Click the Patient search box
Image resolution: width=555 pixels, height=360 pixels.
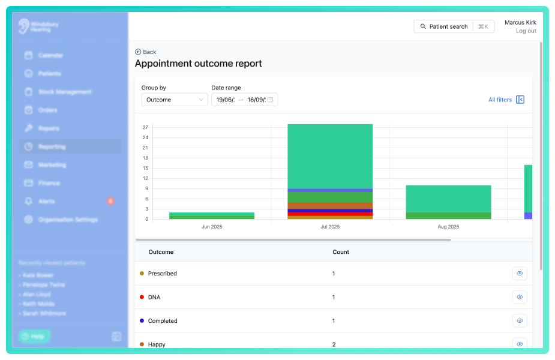454,26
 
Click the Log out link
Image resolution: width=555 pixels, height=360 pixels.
526,31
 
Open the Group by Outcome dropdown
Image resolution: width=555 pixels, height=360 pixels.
175,100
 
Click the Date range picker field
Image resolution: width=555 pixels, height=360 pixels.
244,100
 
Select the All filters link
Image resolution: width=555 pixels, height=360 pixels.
500,100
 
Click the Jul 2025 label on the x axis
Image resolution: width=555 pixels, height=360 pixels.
330,227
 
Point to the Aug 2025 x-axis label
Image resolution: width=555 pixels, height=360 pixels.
448,227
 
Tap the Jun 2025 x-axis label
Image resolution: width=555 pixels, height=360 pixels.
212,227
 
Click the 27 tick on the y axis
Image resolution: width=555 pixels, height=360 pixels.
145,127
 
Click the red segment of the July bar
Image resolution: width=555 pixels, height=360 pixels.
330,214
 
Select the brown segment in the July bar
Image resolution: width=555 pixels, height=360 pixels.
330,206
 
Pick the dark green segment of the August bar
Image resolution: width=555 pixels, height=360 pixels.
448,215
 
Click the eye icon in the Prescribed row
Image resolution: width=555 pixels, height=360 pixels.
520,274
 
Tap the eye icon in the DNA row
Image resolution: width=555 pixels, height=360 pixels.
520,297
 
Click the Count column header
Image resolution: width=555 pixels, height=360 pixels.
341,252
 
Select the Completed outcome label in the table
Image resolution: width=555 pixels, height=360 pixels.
163,321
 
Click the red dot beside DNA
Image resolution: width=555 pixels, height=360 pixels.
142,297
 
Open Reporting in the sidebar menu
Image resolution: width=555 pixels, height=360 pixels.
52,146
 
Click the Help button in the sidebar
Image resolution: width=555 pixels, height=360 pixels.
34,337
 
